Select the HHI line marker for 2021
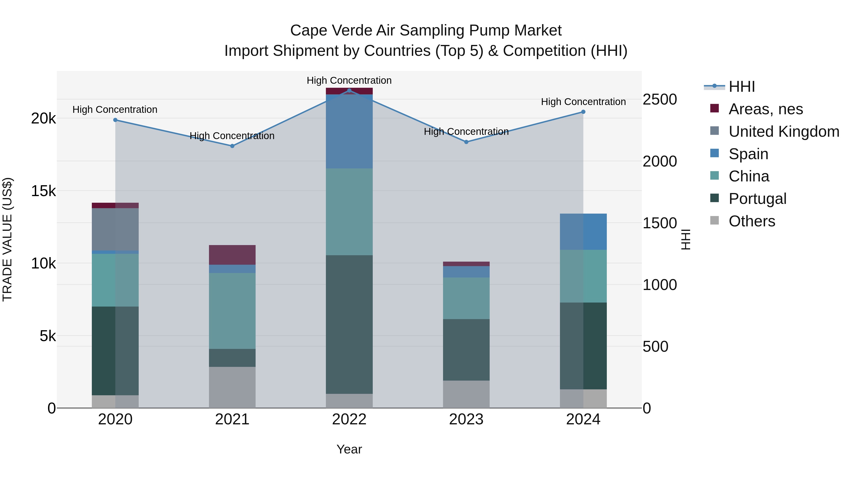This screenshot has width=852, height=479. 232,146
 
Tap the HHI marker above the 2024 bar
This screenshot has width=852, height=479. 583,112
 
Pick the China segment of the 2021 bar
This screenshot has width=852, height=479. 232,311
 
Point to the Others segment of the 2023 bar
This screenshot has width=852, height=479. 466,394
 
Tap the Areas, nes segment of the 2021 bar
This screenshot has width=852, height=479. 232,255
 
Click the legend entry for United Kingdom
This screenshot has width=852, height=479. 784,132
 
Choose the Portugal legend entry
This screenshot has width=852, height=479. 757,199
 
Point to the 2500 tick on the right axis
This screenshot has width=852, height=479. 660,100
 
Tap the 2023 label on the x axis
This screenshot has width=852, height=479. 466,419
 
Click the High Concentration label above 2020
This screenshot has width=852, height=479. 115,110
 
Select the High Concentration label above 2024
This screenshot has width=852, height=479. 583,102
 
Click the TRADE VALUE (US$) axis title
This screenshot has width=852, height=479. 7,239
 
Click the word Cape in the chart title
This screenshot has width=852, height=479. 308,31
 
